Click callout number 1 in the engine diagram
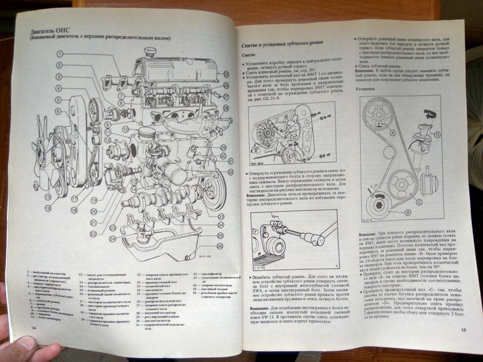59,53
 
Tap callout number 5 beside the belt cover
59,100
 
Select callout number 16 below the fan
48,207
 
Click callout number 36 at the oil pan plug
219,246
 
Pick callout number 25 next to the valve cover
226,74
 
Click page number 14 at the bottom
34,327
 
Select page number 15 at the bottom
463,329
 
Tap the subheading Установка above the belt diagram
366,88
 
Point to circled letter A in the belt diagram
391,133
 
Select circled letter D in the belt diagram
437,134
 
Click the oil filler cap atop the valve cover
149,52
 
